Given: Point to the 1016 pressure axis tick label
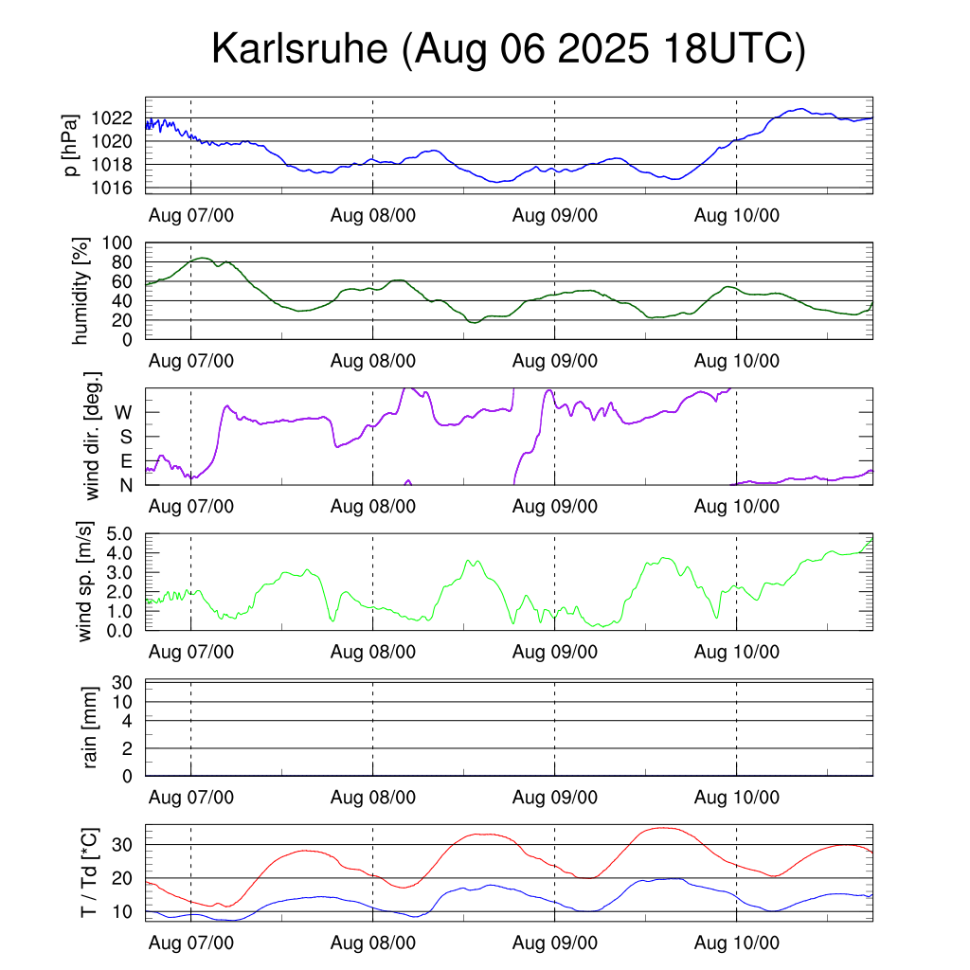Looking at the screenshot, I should point(113,188).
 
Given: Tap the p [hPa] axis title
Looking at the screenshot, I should point(72,145).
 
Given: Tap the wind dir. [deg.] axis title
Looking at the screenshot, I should point(92,437).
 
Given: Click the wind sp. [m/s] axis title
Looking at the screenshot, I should point(85,582).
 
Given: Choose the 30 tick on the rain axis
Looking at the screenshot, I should point(124,683).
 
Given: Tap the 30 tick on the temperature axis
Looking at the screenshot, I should point(124,844).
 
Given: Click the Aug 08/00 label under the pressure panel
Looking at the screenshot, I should point(373,215).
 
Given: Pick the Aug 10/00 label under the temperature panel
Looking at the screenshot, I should point(737,943).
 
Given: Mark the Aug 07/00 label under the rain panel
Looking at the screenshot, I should point(191,798).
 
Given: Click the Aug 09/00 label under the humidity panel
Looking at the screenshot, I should point(555,360).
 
